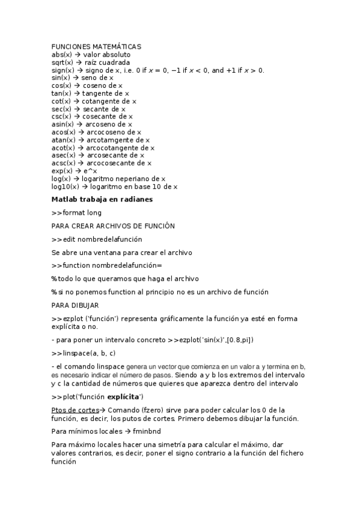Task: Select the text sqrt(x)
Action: [x=63, y=63]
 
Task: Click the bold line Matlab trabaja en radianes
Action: [x=102, y=199]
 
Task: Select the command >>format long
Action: [x=76, y=212]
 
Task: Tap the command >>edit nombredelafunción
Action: [x=97, y=239]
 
